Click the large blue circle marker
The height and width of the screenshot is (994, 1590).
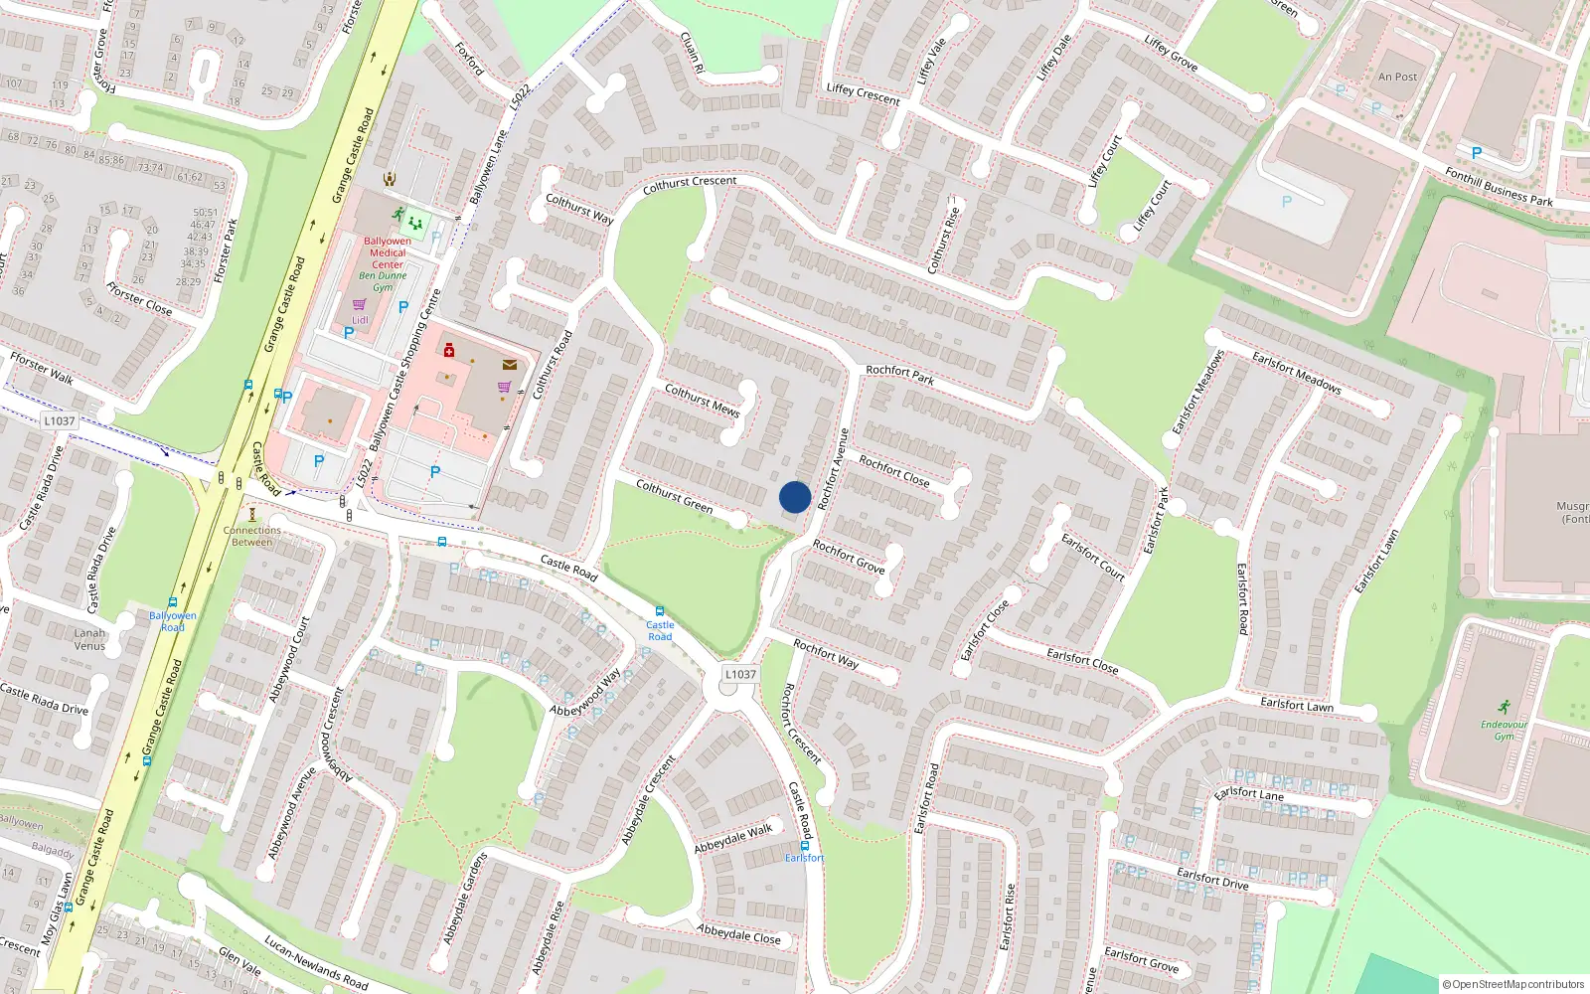pos(795,497)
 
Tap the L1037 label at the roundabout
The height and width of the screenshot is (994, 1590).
pos(740,674)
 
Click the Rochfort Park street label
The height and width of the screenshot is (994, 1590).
pos(899,374)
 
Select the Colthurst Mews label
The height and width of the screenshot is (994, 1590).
pos(702,400)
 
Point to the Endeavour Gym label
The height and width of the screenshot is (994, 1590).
pos(1504,730)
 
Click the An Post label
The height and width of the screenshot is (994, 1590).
pos(1397,77)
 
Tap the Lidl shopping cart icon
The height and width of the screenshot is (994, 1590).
pos(359,305)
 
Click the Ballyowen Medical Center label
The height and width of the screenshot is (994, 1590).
pos(388,252)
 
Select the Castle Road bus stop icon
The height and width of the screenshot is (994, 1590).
pos(659,611)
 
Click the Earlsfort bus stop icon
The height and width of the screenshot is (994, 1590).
pos(805,846)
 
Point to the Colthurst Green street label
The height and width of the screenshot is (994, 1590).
pos(674,496)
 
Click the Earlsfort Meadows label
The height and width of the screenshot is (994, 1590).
pos(1296,373)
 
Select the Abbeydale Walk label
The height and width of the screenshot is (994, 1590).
pos(733,839)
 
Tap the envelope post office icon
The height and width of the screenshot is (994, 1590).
pos(510,365)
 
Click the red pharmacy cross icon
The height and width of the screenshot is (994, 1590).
pos(449,350)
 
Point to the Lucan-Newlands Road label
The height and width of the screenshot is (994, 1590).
pos(316,962)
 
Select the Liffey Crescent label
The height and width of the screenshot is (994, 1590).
pos(863,93)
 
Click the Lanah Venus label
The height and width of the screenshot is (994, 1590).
pos(89,639)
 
